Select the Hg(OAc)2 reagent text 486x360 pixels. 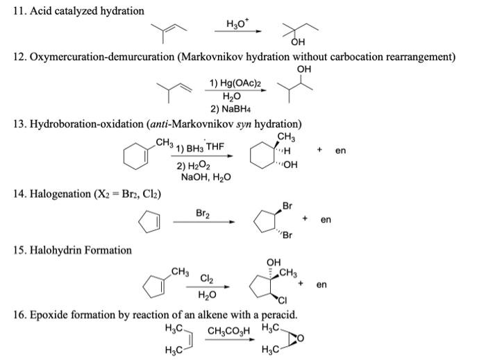(236, 83)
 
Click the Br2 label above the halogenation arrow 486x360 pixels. (204, 214)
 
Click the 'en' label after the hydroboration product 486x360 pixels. (340, 150)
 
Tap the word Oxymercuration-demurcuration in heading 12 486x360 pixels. (101, 57)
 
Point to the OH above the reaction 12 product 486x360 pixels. (303, 69)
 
